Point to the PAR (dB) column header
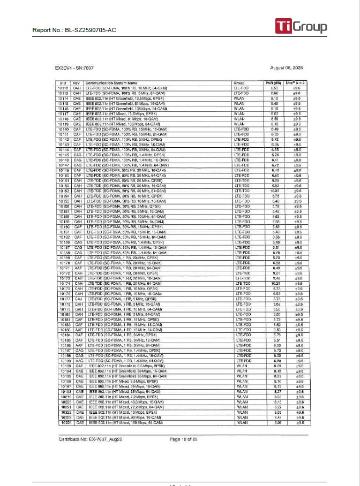(x=274, y=83)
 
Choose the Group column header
(x=239, y=83)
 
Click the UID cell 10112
(x=64, y=88)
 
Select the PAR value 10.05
(x=274, y=191)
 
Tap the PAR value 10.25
(x=274, y=283)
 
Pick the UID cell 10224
(x=64, y=422)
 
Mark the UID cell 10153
(x=64, y=191)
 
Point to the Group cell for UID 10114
(x=240, y=98)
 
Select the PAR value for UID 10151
(x=274, y=180)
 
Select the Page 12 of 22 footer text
(x=183, y=439)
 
